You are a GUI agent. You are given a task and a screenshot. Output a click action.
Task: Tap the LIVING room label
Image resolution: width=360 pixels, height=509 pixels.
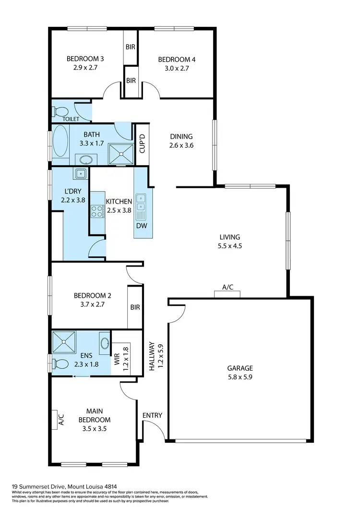point(229,237)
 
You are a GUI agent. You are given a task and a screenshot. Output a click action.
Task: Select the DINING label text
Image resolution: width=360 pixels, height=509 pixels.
point(180,136)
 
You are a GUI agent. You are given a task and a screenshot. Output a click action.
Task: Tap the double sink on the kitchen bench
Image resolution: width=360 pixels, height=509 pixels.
point(142,202)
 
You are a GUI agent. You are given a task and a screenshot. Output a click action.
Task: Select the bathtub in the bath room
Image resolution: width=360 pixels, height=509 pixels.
point(60,141)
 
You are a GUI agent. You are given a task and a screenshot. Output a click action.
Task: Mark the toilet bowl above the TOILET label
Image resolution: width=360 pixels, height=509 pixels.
point(61,112)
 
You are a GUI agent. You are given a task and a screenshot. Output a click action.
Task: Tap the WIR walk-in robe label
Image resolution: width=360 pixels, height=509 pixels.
point(116,358)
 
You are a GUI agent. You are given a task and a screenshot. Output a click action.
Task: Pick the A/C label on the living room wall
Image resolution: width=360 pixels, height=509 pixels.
point(228,287)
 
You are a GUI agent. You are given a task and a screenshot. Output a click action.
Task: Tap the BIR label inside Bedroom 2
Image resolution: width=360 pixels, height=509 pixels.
point(135,307)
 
